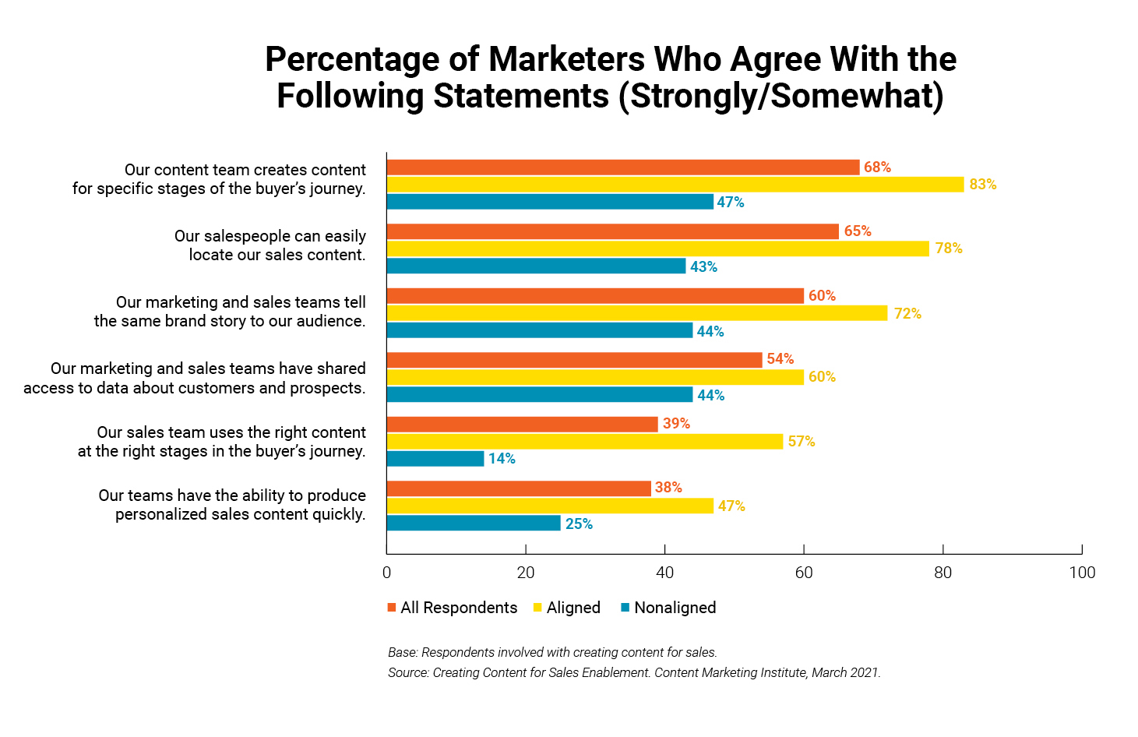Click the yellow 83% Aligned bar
coord(675,185)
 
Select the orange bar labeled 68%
coord(623,167)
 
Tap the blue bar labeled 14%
coord(435,459)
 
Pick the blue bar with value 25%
coord(474,524)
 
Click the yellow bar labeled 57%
coord(584,442)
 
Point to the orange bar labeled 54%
coord(574,360)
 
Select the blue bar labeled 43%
coord(536,266)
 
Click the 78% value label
coord(949,249)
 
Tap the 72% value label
coord(907,314)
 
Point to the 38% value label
coord(668,488)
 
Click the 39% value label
coord(676,424)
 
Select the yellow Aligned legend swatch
coord(537,608)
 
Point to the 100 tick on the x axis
coord(1082,573)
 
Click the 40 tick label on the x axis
coord(664,573)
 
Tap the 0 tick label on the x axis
coord(387,573)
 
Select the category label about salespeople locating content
coord(270,245)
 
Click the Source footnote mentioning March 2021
coord(634,672)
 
